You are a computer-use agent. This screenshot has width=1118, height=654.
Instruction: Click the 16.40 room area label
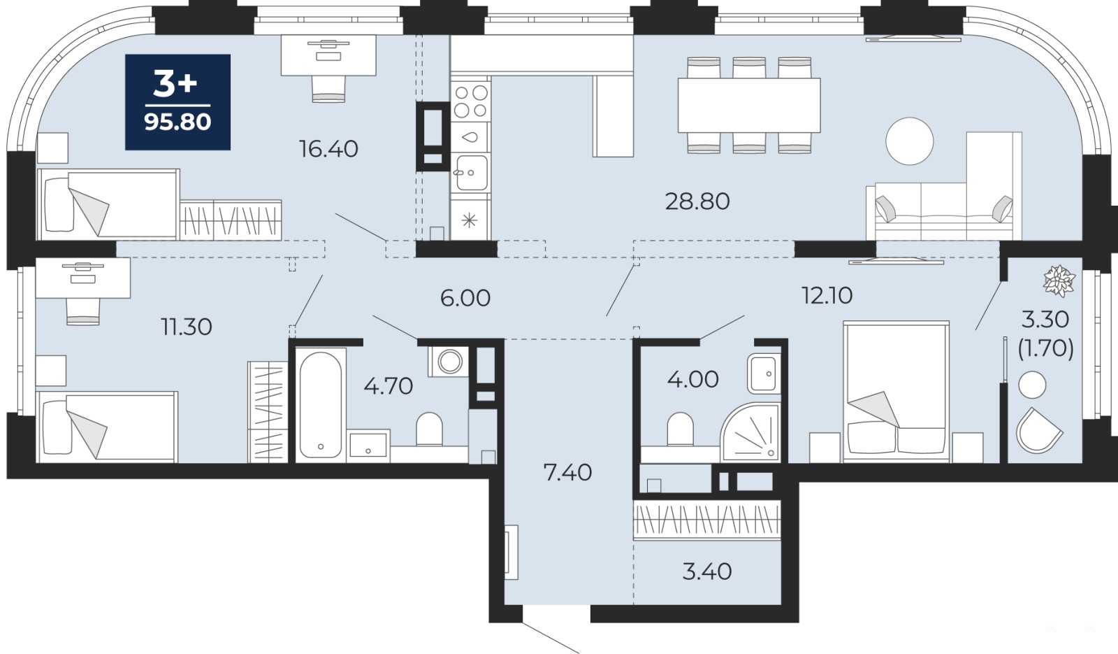coord(328,149)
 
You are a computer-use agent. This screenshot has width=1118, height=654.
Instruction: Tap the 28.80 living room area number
coord(697,201)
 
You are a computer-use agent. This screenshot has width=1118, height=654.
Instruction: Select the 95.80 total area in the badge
coord(177,122)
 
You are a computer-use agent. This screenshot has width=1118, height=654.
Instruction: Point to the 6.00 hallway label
coord(465,298)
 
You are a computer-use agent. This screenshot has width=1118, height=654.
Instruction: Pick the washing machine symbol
coord(449,361)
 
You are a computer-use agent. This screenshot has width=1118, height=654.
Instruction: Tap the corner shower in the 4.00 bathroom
coord(750,432)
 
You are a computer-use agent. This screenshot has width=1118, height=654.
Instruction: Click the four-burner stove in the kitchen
coord(471,102)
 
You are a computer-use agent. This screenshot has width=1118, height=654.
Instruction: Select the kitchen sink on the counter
coord(471,172)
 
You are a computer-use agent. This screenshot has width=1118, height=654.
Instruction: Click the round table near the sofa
coord(909,141)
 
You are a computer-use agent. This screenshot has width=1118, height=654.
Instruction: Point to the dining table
coord(748,105)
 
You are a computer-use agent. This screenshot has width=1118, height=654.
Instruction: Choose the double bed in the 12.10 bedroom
coord(896,390)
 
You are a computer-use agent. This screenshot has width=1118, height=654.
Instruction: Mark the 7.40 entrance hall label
coord(567,472)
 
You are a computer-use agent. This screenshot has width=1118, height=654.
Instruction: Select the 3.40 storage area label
coord(706,571)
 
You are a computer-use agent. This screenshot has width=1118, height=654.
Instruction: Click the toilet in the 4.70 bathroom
coord(429,429)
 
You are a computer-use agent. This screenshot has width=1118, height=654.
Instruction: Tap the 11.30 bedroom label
coord(186,327)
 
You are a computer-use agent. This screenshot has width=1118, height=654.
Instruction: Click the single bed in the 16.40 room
coord(108,204)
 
